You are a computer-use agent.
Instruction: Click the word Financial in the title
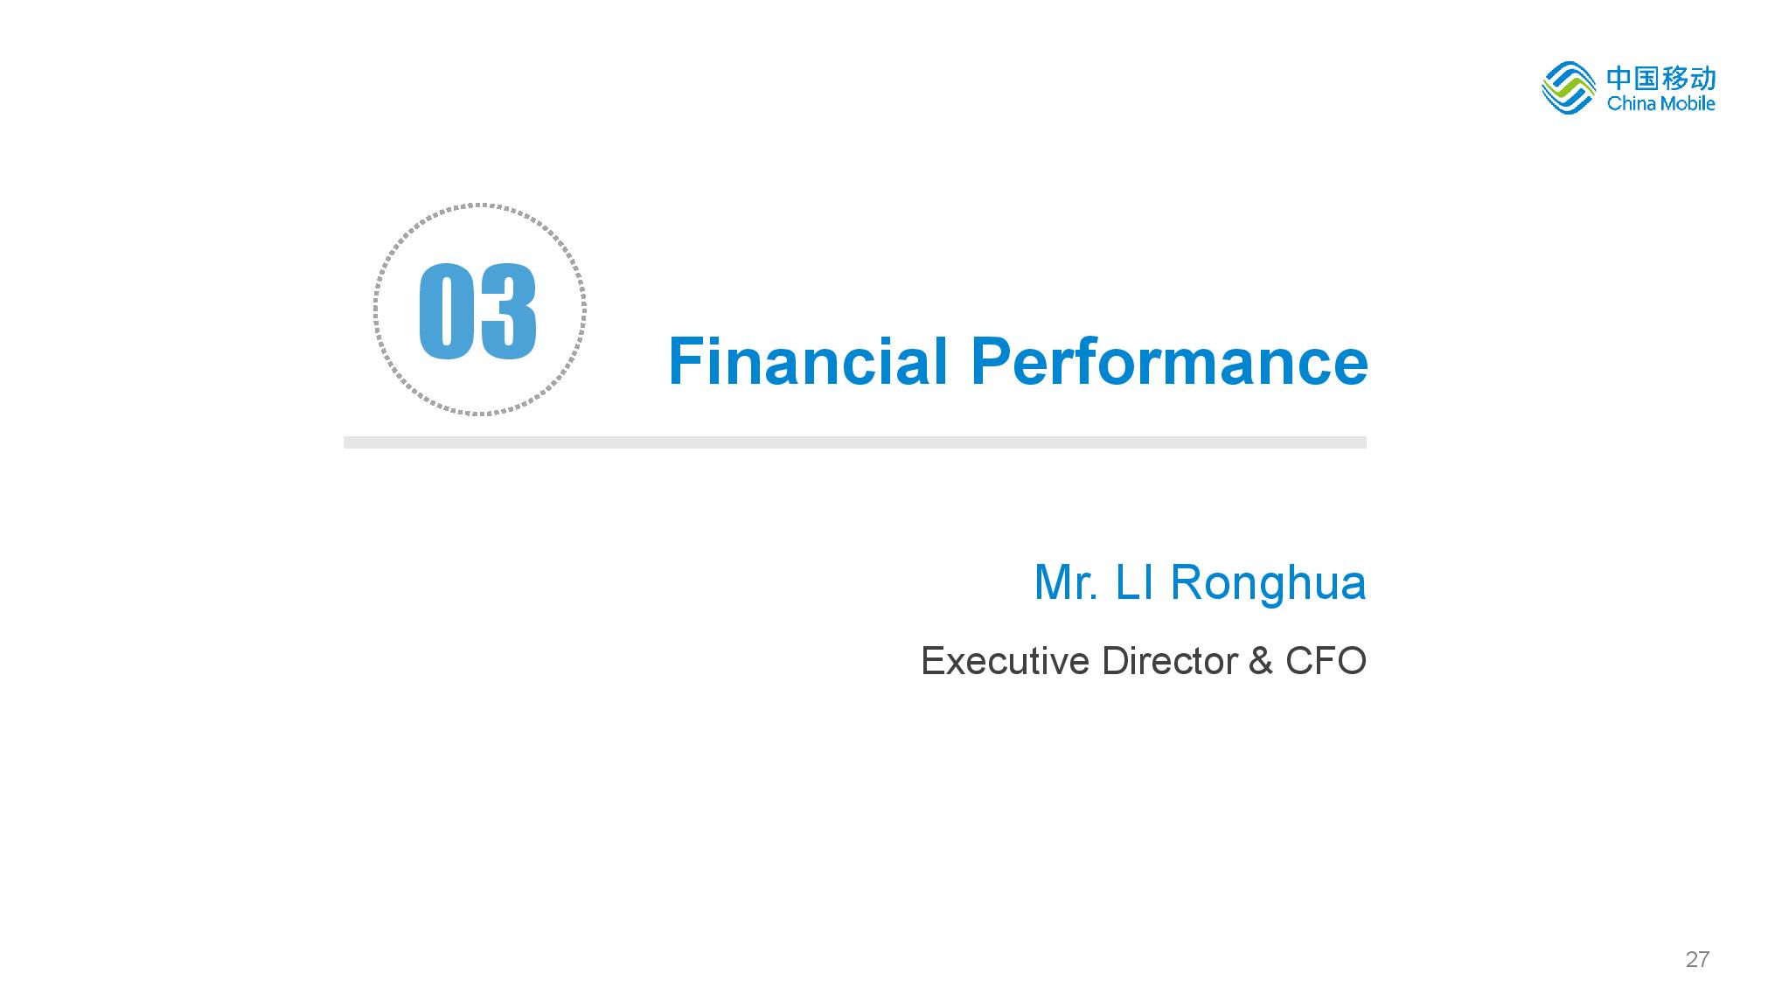pos(808,361)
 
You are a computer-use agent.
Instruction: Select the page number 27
pos(1697,960)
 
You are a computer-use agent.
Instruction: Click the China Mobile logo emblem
pos(1569,88)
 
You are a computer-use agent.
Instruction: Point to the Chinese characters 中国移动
pos(1660,79)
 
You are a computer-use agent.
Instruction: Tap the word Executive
pos(1006,661)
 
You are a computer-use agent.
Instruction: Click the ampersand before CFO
pos(1261,661)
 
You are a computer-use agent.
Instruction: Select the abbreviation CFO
pos(1326,661)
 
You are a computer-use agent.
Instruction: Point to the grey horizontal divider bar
pos(855,442)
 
